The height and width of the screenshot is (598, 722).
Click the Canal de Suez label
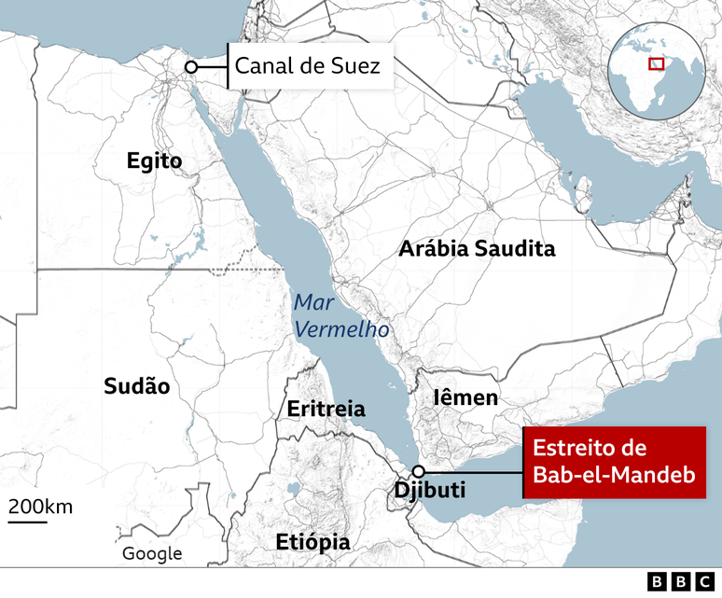pos(307,66)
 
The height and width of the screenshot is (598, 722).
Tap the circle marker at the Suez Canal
pos(191,67)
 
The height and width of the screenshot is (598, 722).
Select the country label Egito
pos(155,162)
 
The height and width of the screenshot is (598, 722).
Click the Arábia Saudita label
pos(477,249)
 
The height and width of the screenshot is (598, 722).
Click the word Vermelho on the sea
pos(340,330)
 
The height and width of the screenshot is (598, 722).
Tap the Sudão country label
pos(137,386)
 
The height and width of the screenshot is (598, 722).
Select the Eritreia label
pos(326,410)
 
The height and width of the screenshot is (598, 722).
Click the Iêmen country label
pos(465,398)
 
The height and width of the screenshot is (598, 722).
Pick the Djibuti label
pos(430,491)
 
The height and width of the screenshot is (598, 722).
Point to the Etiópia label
pos(312,543)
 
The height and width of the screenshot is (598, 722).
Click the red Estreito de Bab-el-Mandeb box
pos(615,462)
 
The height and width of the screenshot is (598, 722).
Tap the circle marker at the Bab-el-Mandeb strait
pos(420,471)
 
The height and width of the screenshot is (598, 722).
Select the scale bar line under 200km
pos(28,521)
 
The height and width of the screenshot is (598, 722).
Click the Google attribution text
pos(152,553)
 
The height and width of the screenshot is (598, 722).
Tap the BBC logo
pos(680,582)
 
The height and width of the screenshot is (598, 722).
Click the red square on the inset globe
pos(657,63)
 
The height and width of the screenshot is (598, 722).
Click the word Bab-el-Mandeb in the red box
pos(614,476)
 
